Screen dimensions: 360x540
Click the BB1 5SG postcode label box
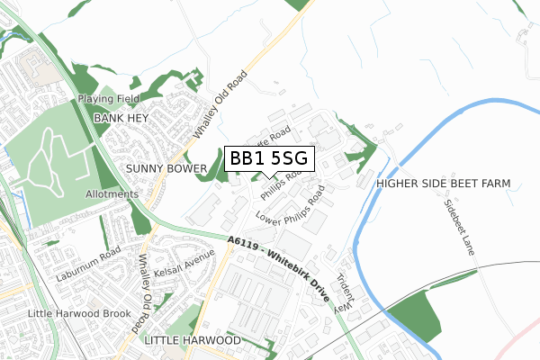point(268,159)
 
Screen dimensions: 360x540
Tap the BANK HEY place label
point(120,118)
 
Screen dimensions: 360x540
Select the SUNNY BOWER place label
point(165,168)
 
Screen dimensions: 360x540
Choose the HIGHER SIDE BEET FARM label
point(444,184)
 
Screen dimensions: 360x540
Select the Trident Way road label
point(345,292)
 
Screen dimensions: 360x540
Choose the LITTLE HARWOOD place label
point(192,341)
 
